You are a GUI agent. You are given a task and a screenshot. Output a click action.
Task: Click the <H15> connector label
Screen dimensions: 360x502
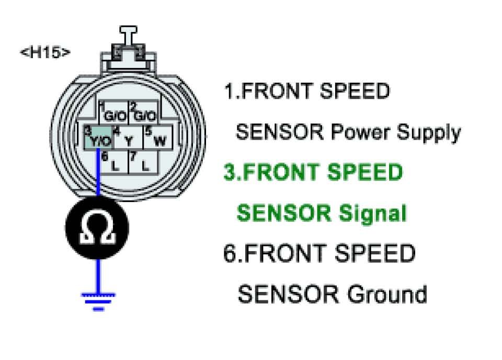click(45, 53)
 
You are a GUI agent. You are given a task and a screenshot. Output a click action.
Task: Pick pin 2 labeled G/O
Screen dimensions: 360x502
click(143, 114)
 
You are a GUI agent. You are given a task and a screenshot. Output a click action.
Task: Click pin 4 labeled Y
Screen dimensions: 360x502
click(126, 139)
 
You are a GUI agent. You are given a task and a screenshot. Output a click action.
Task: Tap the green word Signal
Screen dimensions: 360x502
click(373, 213)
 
